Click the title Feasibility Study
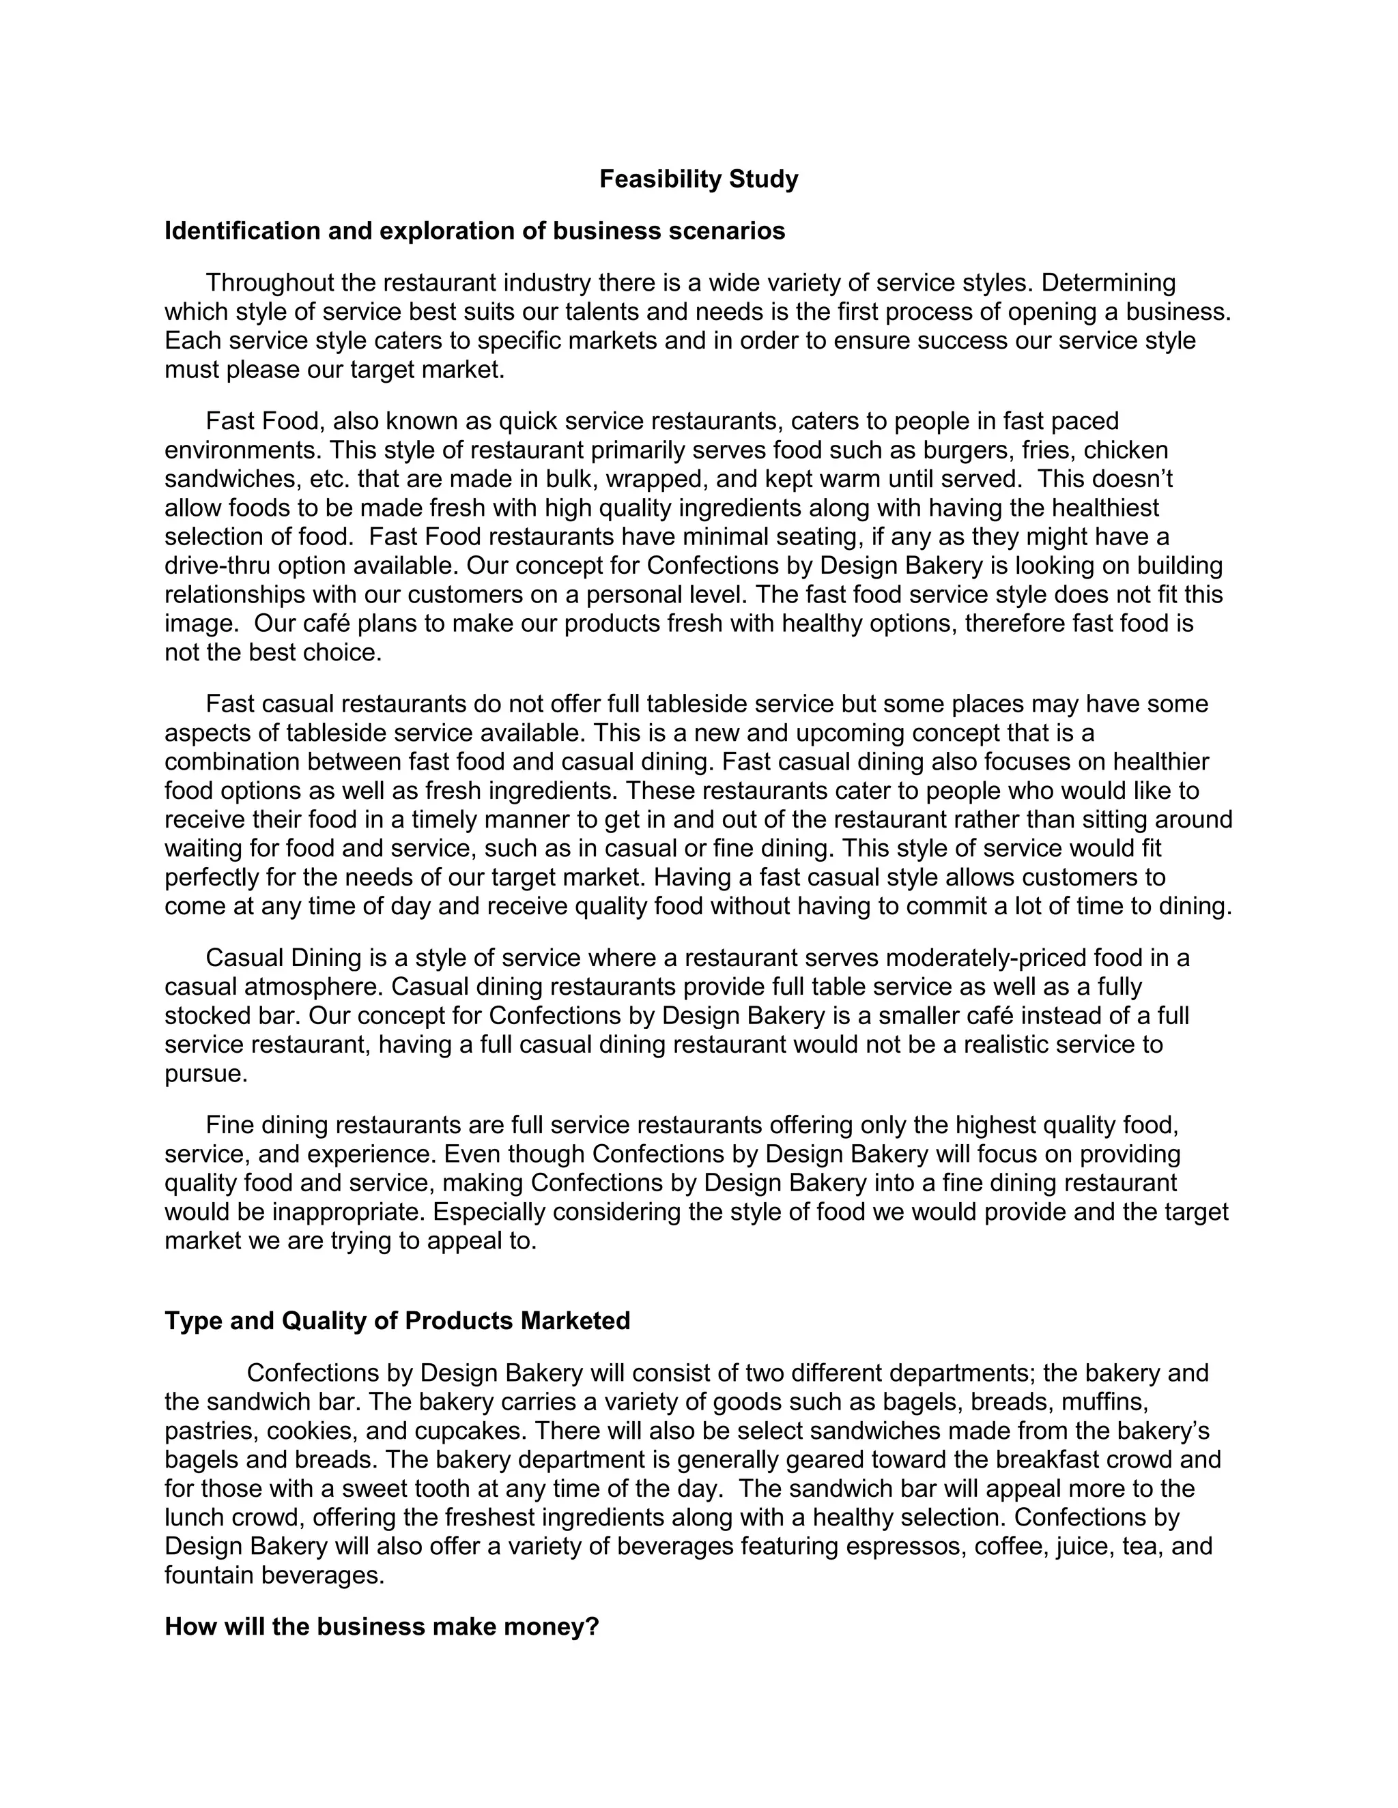click(698, 179)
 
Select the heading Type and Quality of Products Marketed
click(397, 1320)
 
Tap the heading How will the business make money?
click(381, 1627)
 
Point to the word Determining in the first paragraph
click(1108, 282)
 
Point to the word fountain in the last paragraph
click(210, 1575)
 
